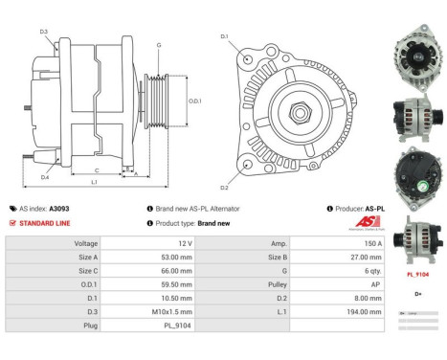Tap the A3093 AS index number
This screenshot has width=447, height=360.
[x=59, y=208]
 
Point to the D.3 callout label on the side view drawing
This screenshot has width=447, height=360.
[x=44, y=32]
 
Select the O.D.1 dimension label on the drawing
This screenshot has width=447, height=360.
[x=194, y=101]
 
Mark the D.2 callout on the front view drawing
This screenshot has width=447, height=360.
[x=225, y=187]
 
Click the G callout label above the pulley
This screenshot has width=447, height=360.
[x=158, y=45]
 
